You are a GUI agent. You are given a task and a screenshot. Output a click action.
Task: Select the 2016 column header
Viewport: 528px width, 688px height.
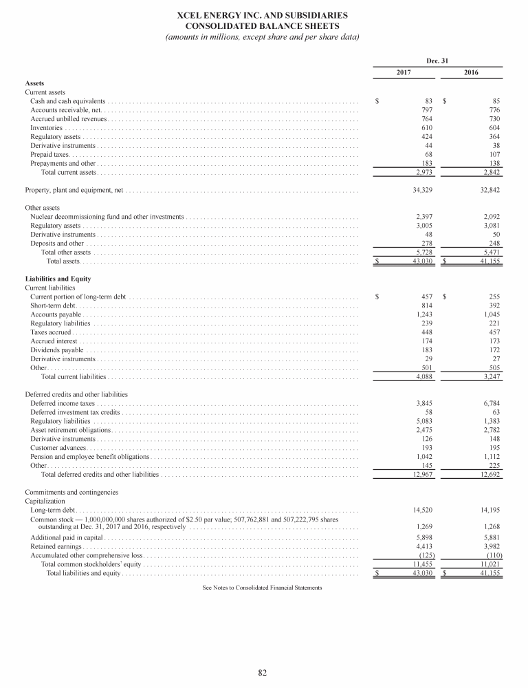click(472, 72)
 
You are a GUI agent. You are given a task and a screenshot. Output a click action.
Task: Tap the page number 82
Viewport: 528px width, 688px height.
click(263, 672)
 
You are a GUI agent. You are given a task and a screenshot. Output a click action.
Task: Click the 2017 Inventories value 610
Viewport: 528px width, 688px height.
click(425, 128)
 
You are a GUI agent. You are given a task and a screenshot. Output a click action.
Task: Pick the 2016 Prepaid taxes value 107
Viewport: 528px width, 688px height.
click(490, 155)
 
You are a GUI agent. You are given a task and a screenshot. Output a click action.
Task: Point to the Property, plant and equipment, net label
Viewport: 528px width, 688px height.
click(74, 189)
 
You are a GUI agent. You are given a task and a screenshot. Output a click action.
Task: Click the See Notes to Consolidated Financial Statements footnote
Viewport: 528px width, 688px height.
click(263, 588)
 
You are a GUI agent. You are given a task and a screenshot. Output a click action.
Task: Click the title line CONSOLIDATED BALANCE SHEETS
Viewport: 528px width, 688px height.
click(263, 25)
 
